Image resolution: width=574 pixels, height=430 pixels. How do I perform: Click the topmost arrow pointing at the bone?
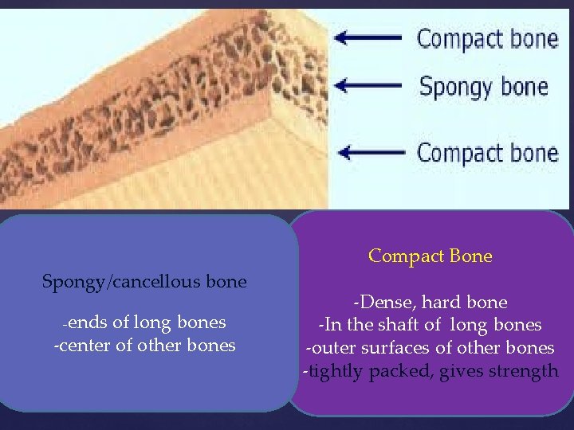(x=370, y=37)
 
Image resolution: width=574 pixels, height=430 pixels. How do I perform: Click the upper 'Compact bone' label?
(x=487, y=38)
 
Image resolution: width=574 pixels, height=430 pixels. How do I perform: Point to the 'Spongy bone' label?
(x=483, y=86)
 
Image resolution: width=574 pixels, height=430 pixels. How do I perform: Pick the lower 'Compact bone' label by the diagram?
(x=487, y=153)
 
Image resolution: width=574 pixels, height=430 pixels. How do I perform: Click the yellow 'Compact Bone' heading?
(x=431, y=256)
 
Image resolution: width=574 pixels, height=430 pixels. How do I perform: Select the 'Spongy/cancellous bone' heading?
(x=144, y=281)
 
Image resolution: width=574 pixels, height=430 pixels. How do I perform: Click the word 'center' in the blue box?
(x=82, y=346)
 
